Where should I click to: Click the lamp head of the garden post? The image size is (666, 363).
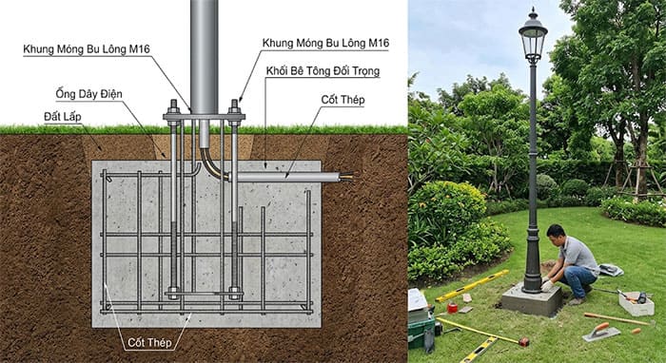pyautogui.click(x=533, y=38)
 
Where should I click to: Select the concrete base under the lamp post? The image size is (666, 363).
pyautogui.click(x=529, y=300)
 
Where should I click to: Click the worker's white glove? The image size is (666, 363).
pyautogui.click(x=548, y=284)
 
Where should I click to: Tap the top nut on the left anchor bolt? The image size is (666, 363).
pyautogui.click(x=175, y=106)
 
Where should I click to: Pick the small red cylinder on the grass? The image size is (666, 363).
pyautogui.click(x=452, y=307)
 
